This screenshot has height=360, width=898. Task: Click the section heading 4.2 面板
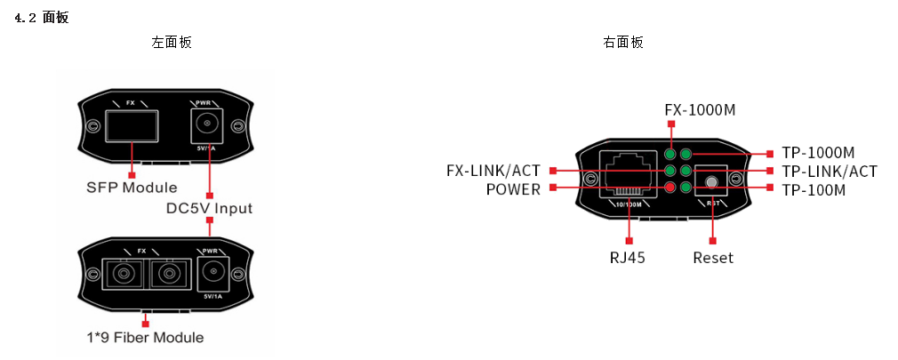[x=42, y=18]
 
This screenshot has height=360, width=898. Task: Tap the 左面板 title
[x=172, y=42]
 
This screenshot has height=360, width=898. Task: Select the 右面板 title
[x=623, y=42]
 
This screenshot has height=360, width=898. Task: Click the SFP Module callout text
[x=132, y=188]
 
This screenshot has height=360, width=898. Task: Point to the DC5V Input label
[x=209, y=208]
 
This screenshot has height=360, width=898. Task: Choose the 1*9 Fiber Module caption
[x=144, y=338]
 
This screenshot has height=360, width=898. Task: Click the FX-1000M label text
[x=700, y=109]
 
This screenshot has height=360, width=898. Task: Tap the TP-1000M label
[x=818, y=154]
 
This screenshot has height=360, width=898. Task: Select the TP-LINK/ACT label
[x=830, y=172]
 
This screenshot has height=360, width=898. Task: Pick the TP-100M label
[x=814, y=190]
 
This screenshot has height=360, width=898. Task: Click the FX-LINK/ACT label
[x=493, y=171]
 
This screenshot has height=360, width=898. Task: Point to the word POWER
[x=513, y=189]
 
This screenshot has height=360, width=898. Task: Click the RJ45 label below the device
[x=627, y=258]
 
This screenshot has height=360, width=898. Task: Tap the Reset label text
[x=713, y=258]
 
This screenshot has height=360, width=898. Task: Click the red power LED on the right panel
[x=670, y=187]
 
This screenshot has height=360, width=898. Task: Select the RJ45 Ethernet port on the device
[x=629, y=174]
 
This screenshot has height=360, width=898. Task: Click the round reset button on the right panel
[x=711, y=182]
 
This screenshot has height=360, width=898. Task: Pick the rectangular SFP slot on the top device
[x=131, y=127]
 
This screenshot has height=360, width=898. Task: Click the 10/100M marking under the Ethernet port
[x=629, y=204]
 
